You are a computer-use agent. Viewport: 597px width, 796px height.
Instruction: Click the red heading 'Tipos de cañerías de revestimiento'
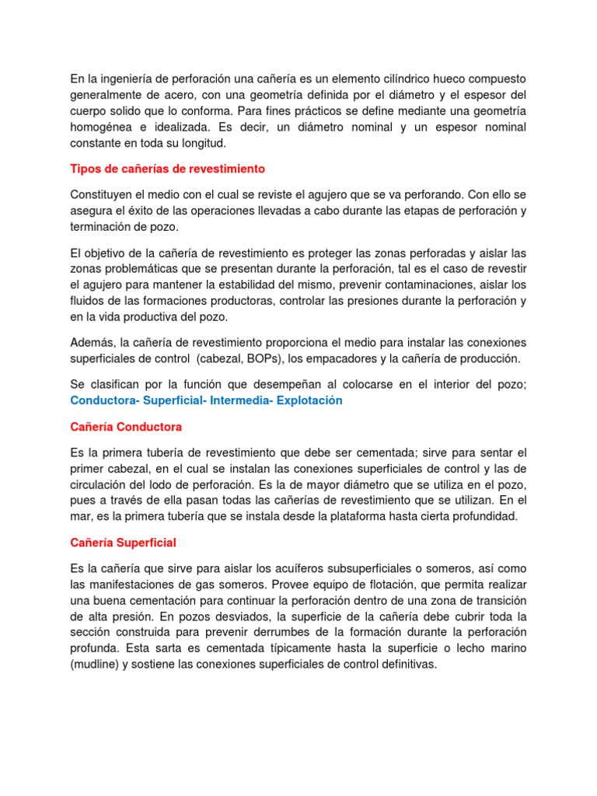coord(168,169)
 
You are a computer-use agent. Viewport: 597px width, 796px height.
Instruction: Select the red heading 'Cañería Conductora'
coord(126,427)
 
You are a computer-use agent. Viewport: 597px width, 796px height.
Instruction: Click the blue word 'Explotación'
coord(309,400)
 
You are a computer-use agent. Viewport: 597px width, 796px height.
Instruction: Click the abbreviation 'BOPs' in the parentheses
coord(266,358)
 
